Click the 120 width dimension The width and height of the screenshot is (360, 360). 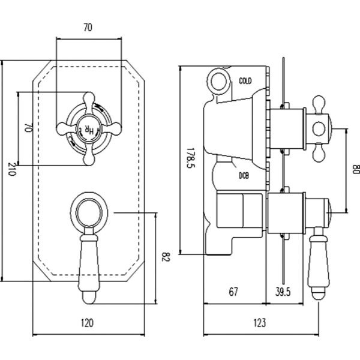[87, 323]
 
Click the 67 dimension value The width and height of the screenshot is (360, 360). [234, 292]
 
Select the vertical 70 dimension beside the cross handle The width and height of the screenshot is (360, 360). [27, 128]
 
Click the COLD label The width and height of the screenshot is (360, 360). [245, 80]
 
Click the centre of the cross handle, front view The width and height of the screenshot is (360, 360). [88, 127]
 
